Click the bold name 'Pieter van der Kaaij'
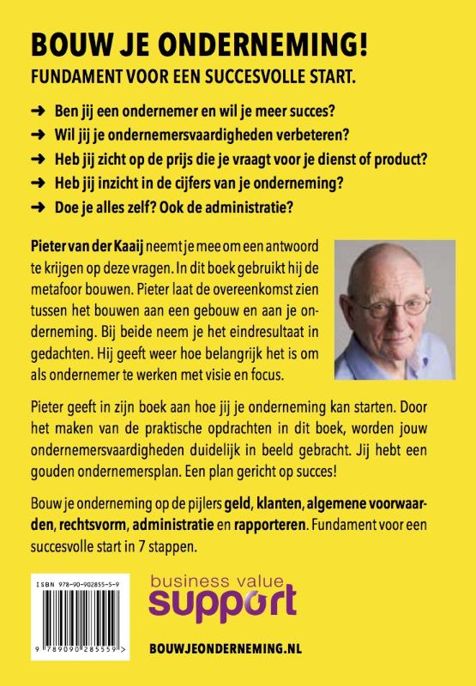coord(82,246)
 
